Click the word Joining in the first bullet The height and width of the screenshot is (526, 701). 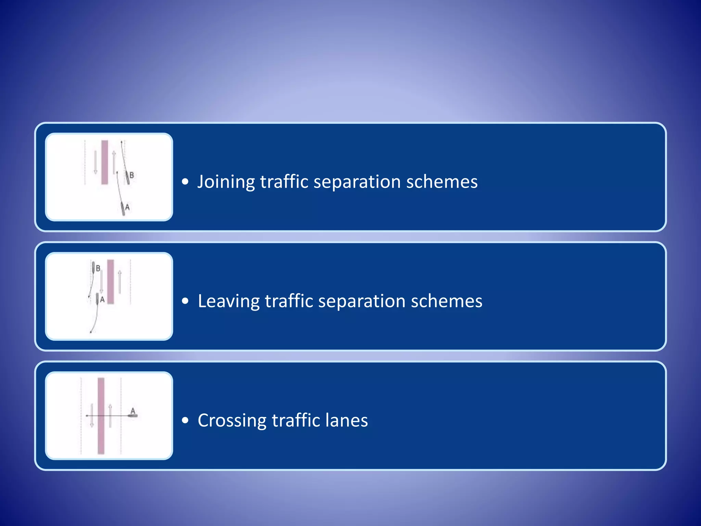point(226,182)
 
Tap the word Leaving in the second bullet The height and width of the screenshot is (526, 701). point(229,301)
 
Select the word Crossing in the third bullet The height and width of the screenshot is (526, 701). point(232,421)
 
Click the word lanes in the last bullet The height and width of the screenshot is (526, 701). point(346,421)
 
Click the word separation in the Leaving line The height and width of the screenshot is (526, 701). point(361,301)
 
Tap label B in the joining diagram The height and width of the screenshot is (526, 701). point(131,175)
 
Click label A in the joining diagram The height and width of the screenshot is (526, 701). point(127,207)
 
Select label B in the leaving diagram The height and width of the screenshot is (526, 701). point(98,268)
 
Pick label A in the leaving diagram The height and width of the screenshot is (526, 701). point(102,300)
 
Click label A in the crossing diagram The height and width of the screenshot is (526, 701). point(133,411)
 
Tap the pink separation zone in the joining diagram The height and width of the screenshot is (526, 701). point(105,162)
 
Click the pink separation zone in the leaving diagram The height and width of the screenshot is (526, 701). point(111,281)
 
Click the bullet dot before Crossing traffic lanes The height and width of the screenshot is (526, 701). point(185,421)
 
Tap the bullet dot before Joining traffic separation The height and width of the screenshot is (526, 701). point(185,182)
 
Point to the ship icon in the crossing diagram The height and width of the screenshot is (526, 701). point(133,416)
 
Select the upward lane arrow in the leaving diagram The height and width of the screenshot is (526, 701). point(120,281)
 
